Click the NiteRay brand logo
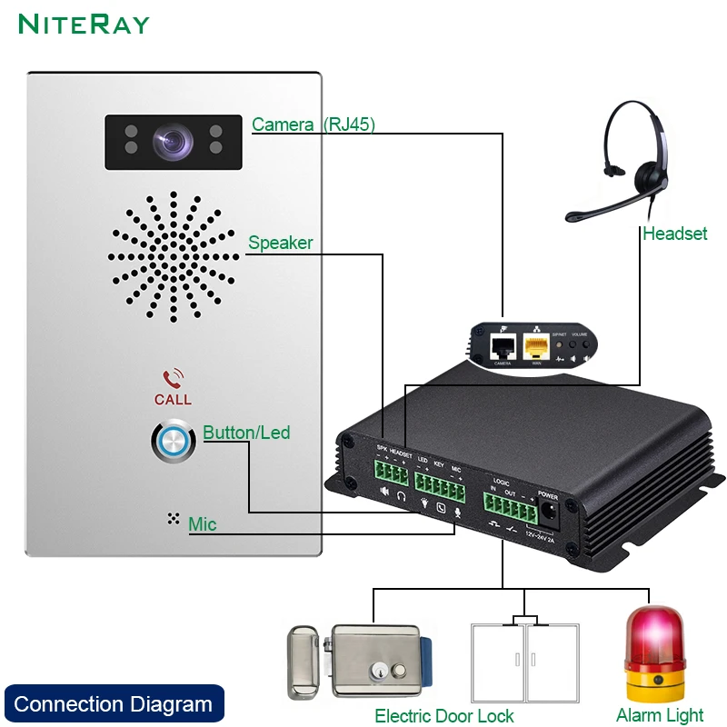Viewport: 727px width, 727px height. coord(84,24)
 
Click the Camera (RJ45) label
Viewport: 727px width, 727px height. coord(314,124)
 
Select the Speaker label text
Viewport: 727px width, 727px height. coord(281,243)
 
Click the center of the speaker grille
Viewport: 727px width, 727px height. coord(174,257)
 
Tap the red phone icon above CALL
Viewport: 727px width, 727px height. coord(173,378)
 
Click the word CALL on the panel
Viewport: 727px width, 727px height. coord(173,399)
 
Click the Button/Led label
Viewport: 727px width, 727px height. coord(246,433)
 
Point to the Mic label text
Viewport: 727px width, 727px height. coord(203,524)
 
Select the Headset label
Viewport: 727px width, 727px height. coord(674,234)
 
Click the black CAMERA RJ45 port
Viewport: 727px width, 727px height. coord(502,345)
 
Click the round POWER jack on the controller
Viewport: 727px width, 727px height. coord(548,513)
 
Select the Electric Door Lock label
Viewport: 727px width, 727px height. coord(444,716)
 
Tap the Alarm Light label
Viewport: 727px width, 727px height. coord(660,716)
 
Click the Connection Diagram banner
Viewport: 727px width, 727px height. coord(114,704)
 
